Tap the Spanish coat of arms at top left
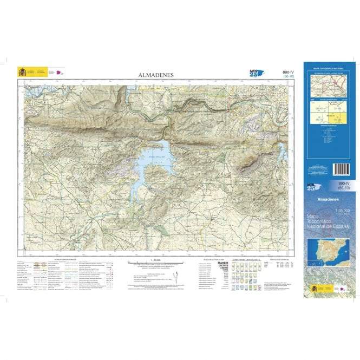(22, 71)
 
